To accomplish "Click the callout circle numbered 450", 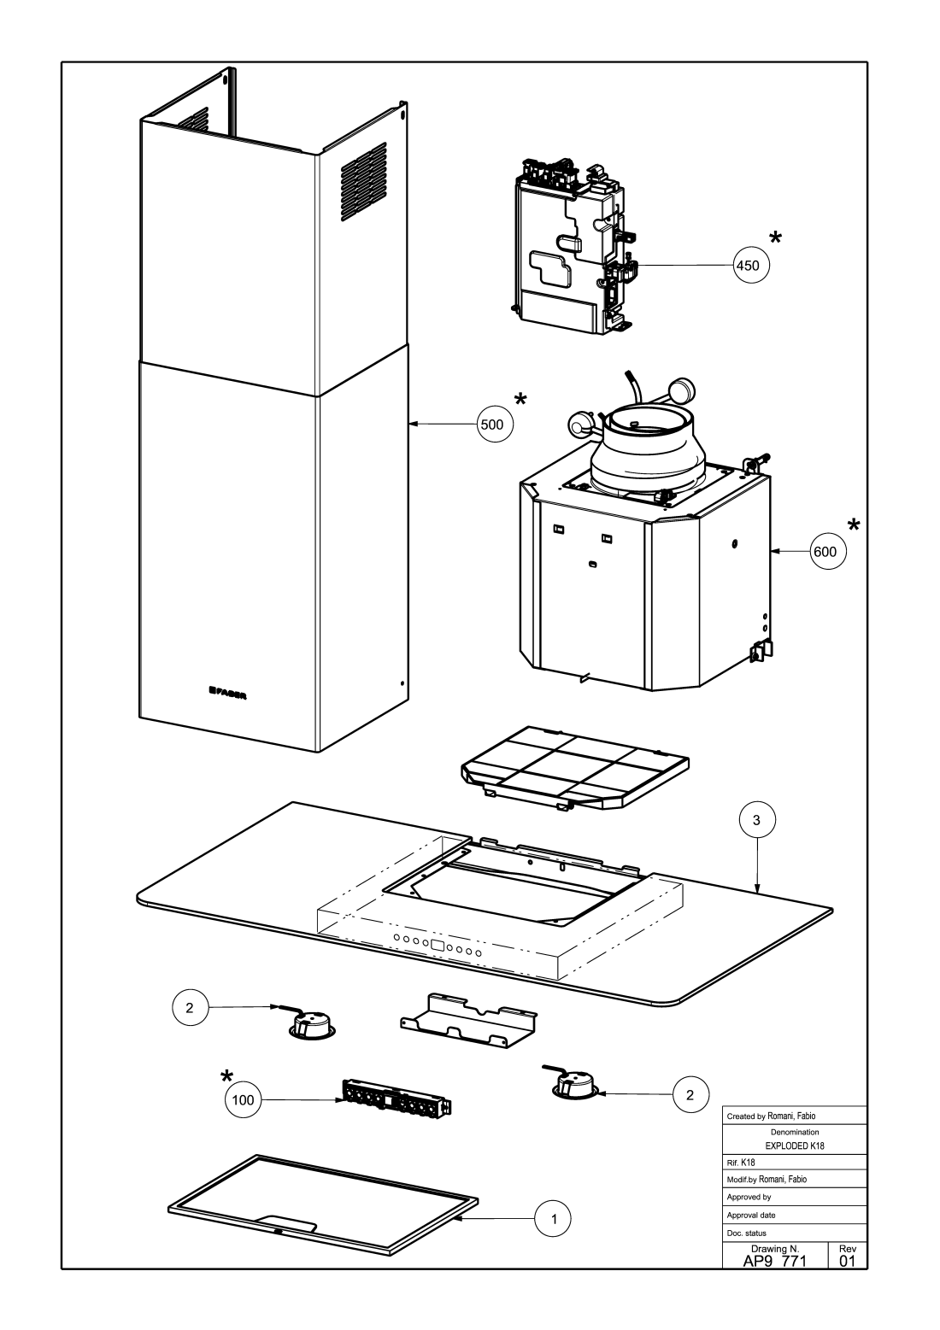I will [751, 266].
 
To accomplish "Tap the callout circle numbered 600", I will [828, 553].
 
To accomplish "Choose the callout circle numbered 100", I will [244, 1100].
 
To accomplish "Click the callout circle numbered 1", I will [553, 1218].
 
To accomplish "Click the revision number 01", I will [848, 1262].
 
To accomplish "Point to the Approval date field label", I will [751, 1215].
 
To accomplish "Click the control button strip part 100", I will [395, 1099].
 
